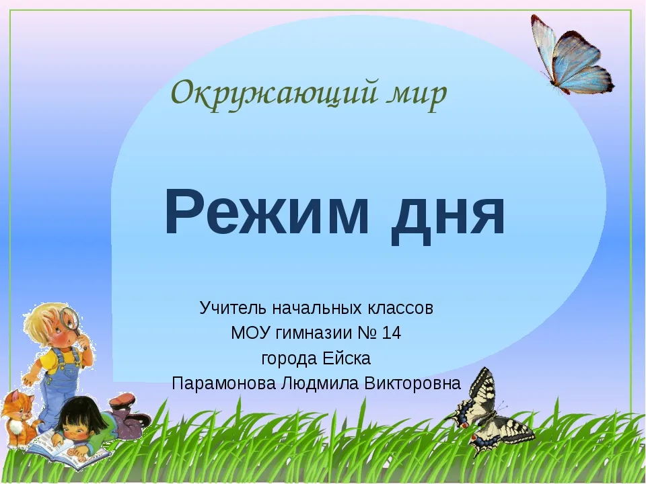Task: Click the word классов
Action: tap(400, 309)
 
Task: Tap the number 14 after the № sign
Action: tap(391, 333)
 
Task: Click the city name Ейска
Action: tap(347, 358)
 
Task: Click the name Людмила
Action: tap(320, 384)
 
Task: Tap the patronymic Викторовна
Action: tap(412, 384)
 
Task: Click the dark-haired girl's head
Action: tap(79, 419)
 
